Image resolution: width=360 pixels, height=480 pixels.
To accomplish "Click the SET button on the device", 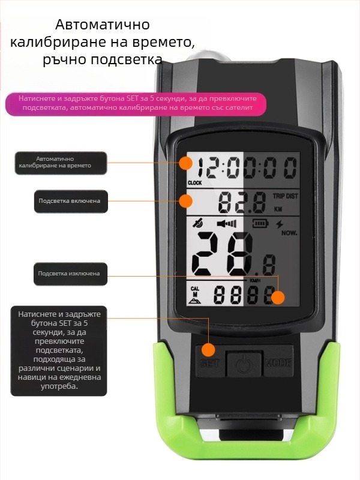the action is (210, 361).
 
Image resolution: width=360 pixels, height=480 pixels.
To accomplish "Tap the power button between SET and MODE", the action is (244, 364).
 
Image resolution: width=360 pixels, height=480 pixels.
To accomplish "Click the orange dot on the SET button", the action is (208, 350).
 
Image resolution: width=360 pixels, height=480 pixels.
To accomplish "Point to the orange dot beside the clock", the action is (185, 163).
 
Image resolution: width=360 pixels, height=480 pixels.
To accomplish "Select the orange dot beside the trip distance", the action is (185, 201).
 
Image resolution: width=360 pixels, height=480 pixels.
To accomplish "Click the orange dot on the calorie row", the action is (278, 298).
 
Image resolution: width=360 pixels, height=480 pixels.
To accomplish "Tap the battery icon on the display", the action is (260, 223).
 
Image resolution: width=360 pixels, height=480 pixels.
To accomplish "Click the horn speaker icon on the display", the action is (227, 224).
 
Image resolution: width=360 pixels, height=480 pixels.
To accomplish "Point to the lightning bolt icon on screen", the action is (279, 224).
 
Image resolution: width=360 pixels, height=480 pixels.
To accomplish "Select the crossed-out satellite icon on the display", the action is (198, 223).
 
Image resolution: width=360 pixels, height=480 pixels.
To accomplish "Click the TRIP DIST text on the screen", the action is (286, 196).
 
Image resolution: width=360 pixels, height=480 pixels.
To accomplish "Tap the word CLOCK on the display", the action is (194, 183).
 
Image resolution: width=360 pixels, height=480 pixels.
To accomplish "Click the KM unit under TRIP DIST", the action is (278, 209).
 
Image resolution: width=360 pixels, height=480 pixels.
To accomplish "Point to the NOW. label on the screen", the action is (289, 233).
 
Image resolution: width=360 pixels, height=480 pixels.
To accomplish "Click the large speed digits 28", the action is (223, 254).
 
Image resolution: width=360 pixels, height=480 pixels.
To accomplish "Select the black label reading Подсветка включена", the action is (71, 201).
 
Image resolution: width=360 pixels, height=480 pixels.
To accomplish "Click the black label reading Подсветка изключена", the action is (70, 274).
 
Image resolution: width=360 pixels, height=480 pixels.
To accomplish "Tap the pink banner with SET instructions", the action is (136, 103).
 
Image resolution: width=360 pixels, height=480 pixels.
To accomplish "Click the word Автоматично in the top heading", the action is (103, 25).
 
